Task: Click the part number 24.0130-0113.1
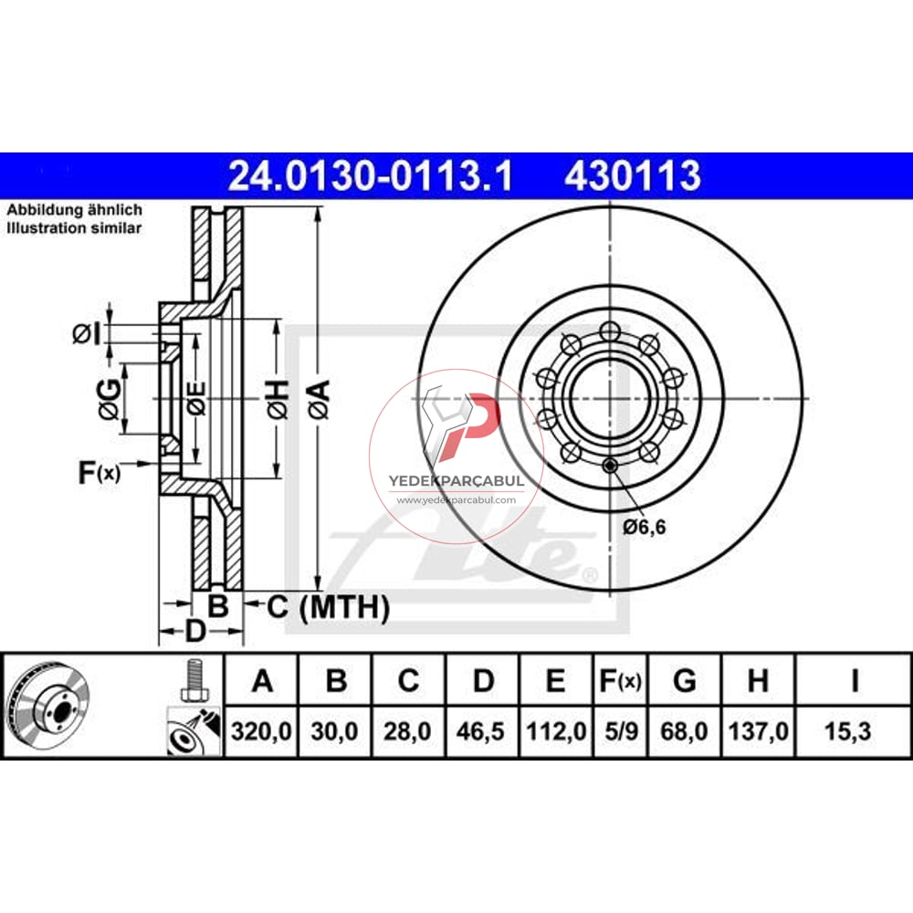371,175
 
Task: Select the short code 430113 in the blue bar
633,175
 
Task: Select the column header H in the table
757,681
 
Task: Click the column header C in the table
409,681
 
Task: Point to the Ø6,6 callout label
645,527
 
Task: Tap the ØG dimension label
109,399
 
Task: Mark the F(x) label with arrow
99,472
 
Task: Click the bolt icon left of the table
192,681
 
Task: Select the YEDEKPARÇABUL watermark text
456,480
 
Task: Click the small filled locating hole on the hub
611,468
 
